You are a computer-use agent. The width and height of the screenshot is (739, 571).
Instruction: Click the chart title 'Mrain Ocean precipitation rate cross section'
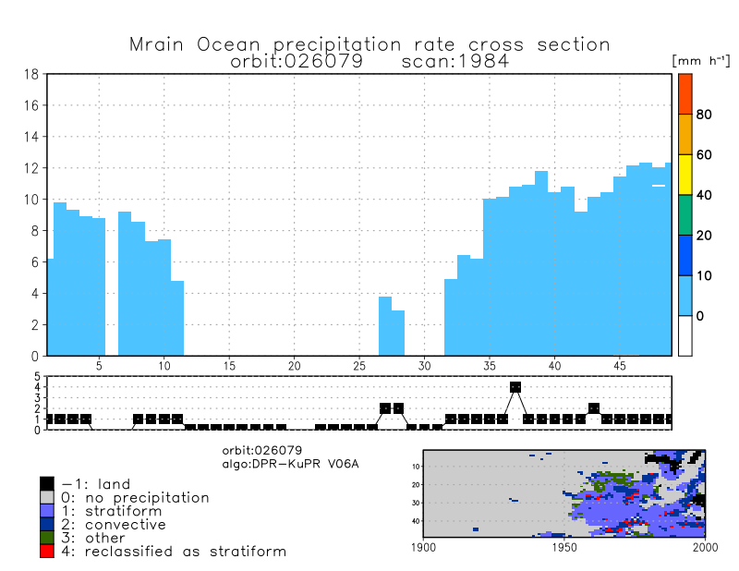[x=369, y=44]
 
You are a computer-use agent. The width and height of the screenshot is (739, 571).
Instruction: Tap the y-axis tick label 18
[x=30, y=74]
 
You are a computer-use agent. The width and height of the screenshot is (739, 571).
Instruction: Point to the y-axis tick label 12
[x=30, y=168]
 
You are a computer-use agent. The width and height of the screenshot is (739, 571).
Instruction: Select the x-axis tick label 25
[x=359, y=366]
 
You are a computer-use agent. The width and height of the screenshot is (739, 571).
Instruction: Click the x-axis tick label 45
[x=620, y=366]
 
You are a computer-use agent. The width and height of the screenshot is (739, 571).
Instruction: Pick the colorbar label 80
[x=704, y=115]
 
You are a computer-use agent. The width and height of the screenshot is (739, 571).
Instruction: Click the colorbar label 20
[x=704, y=236]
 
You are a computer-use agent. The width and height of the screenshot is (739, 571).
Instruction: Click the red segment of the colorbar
[x=684, y=93]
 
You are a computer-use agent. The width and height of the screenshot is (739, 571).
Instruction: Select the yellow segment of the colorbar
[x=684, y=175]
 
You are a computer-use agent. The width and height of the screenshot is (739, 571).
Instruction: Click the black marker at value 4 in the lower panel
[x=515, y=387]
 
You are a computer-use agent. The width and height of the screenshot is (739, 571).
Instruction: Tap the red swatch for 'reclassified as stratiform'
[x=47, y=552]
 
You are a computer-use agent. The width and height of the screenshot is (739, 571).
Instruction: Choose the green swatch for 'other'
[x=47, y=538]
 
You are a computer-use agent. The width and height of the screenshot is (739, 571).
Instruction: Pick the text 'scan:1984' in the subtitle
[x=456, y=61]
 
